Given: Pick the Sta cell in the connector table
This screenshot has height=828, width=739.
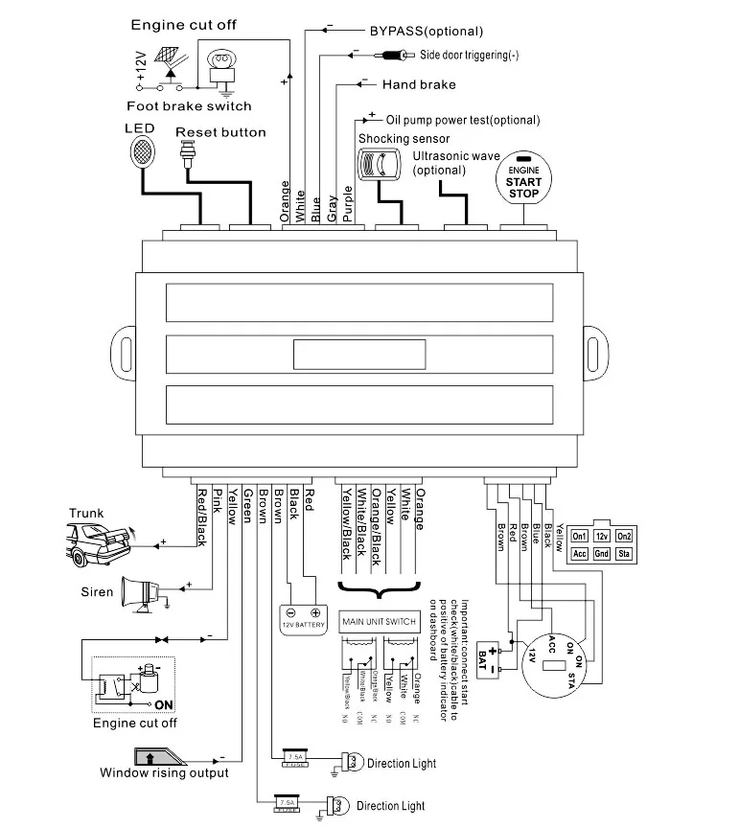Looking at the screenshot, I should click(624, 553).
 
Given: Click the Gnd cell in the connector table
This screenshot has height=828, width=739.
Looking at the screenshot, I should click(602, 553).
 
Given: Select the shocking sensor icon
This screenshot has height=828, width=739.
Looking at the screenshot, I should click(377, 166).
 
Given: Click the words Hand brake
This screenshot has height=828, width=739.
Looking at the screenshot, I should click(419, 84).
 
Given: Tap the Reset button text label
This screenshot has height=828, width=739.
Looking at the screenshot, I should click(220, 131).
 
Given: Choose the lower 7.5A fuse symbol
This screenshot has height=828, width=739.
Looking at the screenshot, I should click(287, 803).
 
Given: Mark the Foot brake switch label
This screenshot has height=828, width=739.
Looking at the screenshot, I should click(189, 106).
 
